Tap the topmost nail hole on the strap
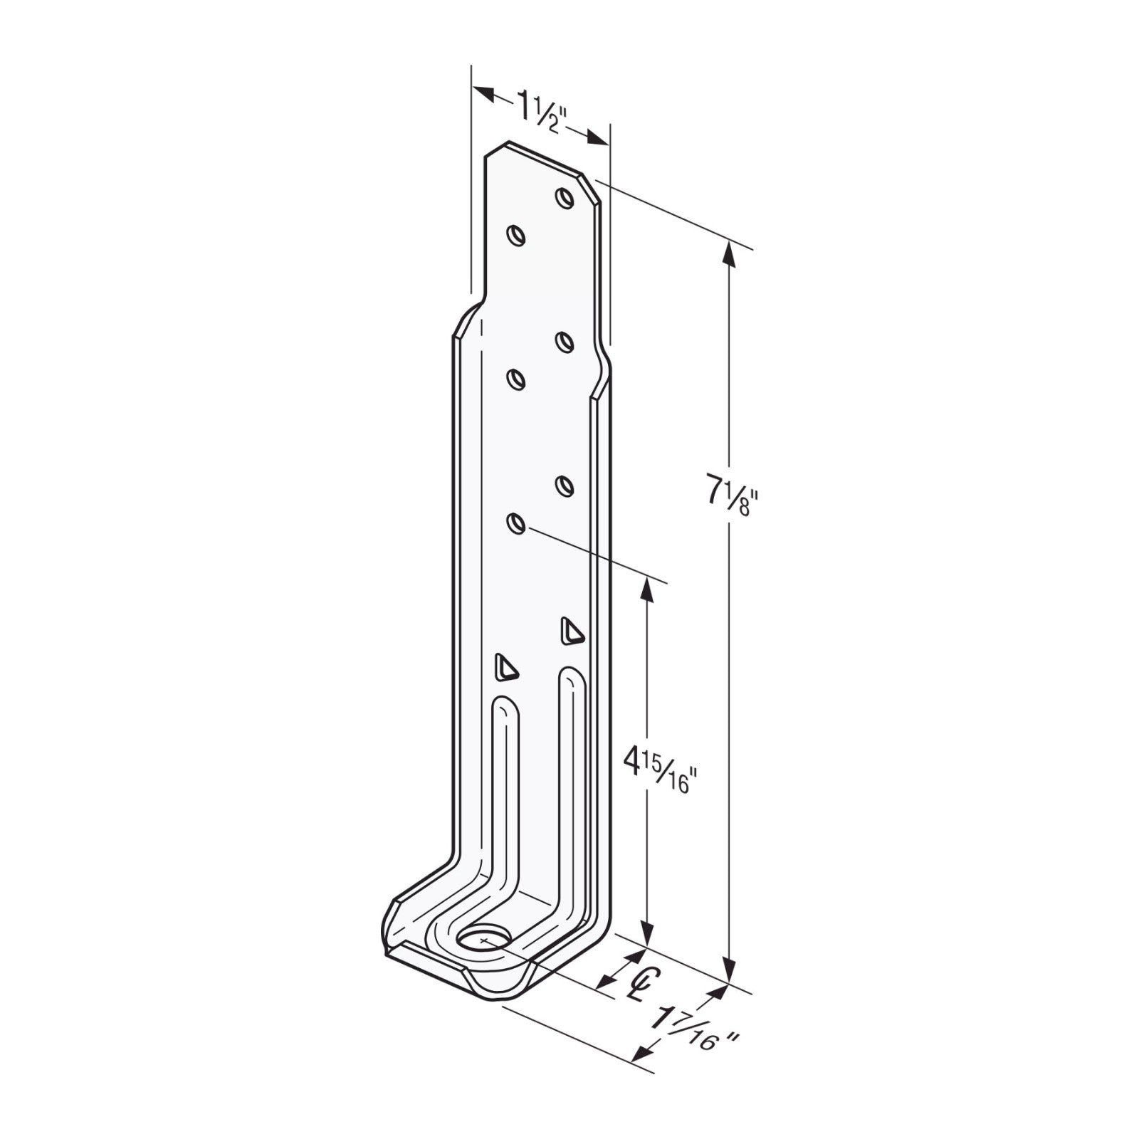(565, 197)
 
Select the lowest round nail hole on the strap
(516, 524)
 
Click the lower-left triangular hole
(505, 667)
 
